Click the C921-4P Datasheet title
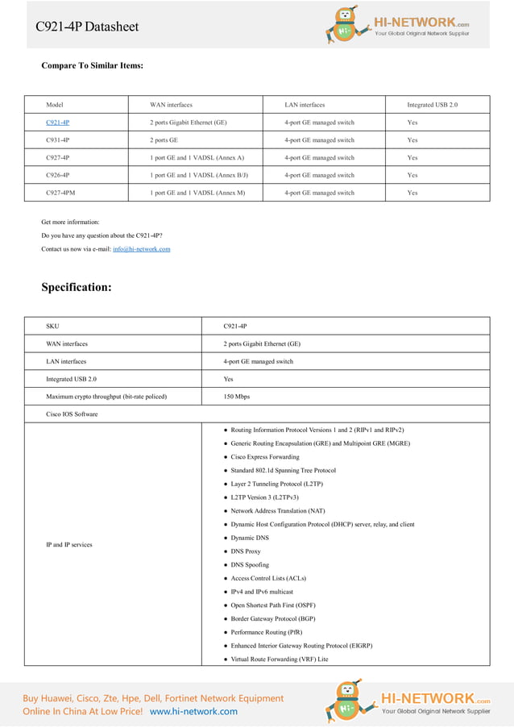pyautogui.click(x=87, y=27)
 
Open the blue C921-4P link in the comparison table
pyautogui.click(x=57, y=123)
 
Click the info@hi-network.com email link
pyautogui.click(x=141, y=249)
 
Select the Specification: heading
pyautogui.click(x=77, y=287)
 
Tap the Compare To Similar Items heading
pyautogui.click(x=92, y=65)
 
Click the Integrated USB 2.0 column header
pyautogui.click(x=432, y=105)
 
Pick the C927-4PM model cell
pyautogui.click(x=60, y=193)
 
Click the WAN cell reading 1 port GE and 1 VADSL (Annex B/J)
pyautogui.click(x=199, y=175)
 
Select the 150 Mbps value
pyautogui.click(x=236, y=397)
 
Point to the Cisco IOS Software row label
pyautogui.click(x=72, y=414)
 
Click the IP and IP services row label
pyautogui.click(x=68, y=545)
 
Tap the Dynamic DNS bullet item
pyautogui.click(x=250, y=538)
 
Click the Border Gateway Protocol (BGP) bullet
pyautogui.click(x=272, y=618)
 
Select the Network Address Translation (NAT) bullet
pyautogui.click(x=277, y=510)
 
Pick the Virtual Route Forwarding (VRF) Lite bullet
pyautogui.click(x=279, y=659)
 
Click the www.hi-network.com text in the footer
pyautogui.click(x=193, y=711)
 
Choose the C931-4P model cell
pyautogui.click(x=57, y=140)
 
